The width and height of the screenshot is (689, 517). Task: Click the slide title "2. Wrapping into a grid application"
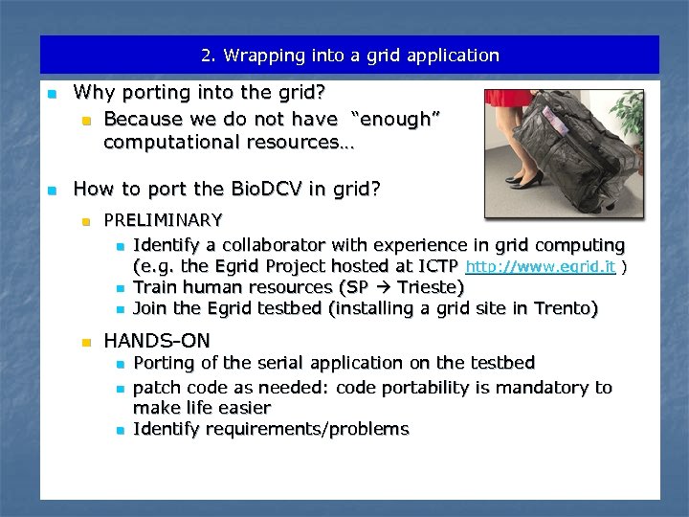coord(349,56)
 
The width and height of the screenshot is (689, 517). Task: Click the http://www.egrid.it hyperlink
coord(540,267)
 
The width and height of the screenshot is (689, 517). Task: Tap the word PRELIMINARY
coord(163,220)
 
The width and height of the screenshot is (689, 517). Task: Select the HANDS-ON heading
coord(157,340)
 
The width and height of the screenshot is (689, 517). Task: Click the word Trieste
coord(431,287)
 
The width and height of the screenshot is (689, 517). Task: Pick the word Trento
coord(565,308)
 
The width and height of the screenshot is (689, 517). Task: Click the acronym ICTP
coord(435,266)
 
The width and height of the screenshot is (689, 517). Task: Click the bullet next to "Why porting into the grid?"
coord(54,94)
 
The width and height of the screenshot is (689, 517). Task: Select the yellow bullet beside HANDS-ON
coord(84,341)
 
